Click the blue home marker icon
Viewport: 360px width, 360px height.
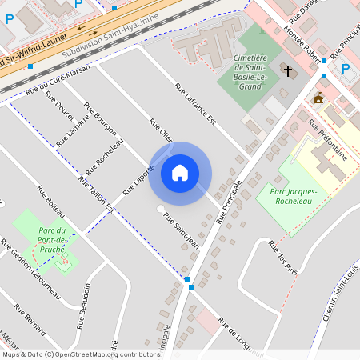point(180,173)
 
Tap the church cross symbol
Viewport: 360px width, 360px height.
point(288,71)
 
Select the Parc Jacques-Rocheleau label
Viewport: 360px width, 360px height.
point(294,197)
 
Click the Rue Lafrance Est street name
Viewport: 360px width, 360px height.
point(196,104)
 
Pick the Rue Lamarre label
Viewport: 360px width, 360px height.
point(73,126)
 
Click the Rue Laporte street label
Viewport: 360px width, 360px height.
point(138,181)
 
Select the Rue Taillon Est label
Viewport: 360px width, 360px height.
point(97,195)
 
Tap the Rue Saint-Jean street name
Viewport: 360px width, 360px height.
point(181,230)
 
